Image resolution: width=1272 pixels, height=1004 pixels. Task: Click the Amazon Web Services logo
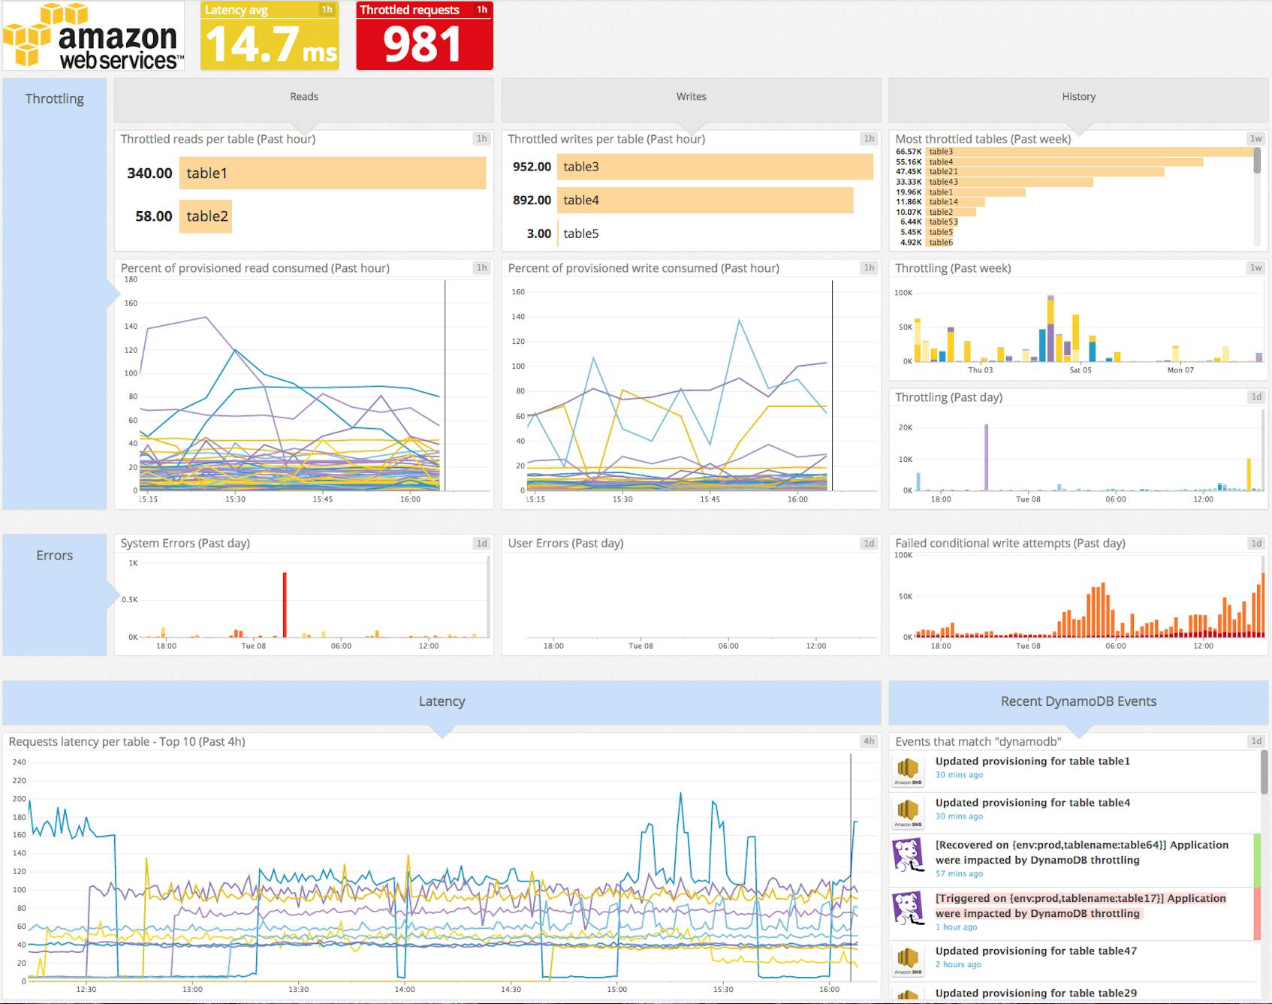click(93, 36)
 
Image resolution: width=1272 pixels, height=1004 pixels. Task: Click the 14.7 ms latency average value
click(270, 44)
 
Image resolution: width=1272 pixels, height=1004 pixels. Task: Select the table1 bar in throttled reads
click(332, 173)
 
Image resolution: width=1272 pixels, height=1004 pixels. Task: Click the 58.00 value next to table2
click(153, 216)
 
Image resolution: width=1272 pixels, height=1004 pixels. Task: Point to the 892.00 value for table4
click(532, 200)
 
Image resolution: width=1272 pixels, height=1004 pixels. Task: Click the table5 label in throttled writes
click(581, 234)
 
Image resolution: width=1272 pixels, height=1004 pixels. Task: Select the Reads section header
click(304, 97)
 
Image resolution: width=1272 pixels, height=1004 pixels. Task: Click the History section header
click(1078, 97)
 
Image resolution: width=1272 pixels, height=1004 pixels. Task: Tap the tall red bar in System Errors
click(285, 605)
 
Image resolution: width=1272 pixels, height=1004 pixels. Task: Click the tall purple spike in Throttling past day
click(986, 458)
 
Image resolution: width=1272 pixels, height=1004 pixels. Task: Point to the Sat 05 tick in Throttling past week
click(1080, 370)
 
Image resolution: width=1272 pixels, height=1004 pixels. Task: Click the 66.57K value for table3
click(908, 152)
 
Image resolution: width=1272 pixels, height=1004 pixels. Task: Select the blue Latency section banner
click(442, 701)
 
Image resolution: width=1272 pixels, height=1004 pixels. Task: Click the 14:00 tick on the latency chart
click(405, 989)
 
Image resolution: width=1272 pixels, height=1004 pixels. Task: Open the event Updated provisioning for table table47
click(1035, 951)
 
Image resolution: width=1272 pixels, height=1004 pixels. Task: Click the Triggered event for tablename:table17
click(1081, 906)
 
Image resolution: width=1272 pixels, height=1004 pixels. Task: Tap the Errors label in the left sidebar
click(55, 556)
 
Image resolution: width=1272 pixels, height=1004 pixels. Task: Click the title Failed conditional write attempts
click(1009, 543)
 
